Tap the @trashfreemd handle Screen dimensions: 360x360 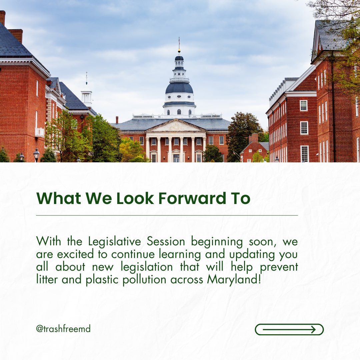coord(63,329)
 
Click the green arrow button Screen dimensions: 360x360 coord(289,329)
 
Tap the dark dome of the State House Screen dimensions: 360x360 coord(179,87)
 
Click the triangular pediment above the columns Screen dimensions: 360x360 coord(176,126)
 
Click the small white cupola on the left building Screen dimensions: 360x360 coord(86,96)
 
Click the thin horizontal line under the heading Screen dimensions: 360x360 coord(167,215)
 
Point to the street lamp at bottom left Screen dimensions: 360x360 coord(36,154)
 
